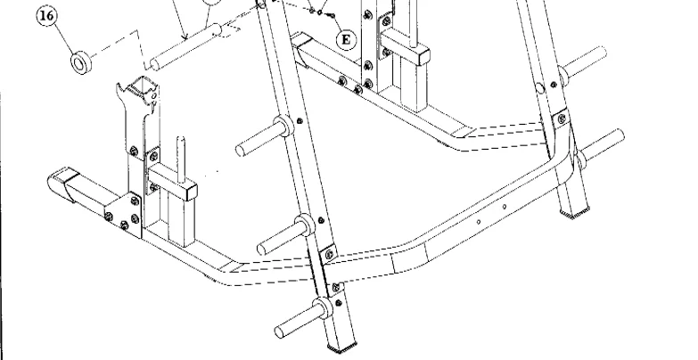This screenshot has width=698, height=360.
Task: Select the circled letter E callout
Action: [x=348, y=38]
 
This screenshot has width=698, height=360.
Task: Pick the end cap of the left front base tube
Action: [x=61, y=184]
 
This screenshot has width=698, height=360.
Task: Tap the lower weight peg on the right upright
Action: [x=602, y=148]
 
